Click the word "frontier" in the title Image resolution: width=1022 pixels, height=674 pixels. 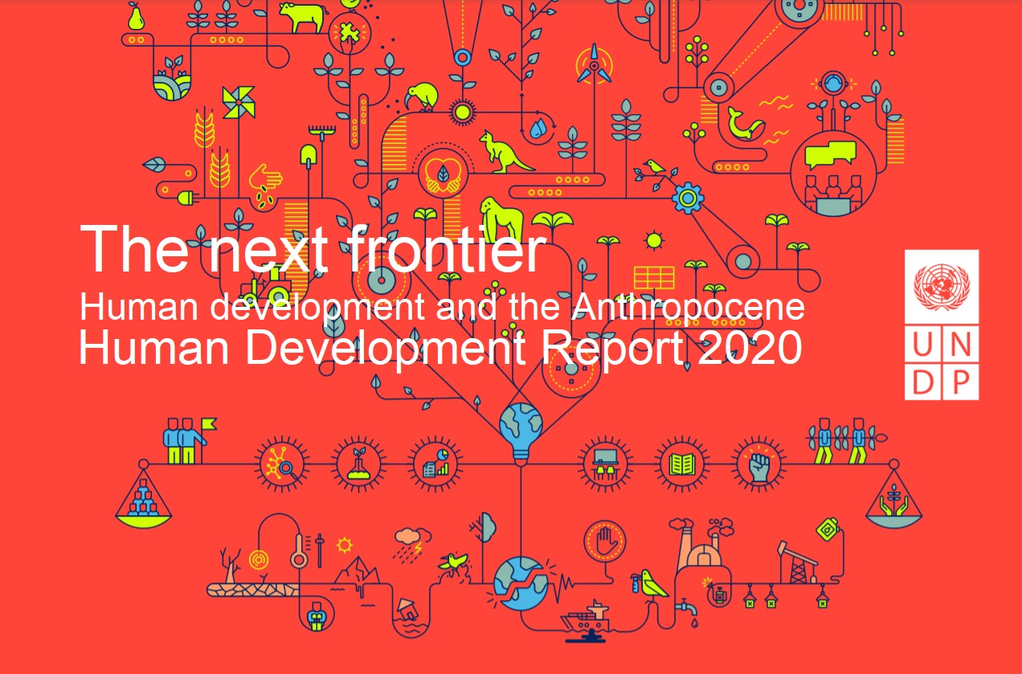[447, 249]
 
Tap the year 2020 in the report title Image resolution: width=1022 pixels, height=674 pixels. [750, 347]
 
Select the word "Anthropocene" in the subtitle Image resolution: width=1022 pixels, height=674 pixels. [688, 307]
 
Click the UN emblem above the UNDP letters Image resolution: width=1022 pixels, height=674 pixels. [942, 287]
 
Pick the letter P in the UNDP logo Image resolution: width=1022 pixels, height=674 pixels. [961, 383]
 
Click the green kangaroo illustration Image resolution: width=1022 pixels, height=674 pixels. [503, 152]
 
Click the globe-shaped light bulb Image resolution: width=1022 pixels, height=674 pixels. [521, 433]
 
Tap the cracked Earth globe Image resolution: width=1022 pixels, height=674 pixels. [520, 584]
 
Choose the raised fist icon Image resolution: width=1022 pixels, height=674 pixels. [758, 465]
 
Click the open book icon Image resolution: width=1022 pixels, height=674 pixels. [681, 465]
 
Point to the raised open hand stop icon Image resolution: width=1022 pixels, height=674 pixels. [604, 541]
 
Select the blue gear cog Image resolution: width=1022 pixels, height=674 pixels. [688, 198]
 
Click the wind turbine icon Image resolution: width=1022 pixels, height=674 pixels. [594, 66]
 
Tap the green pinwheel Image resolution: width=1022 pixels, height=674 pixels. [239, 102]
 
